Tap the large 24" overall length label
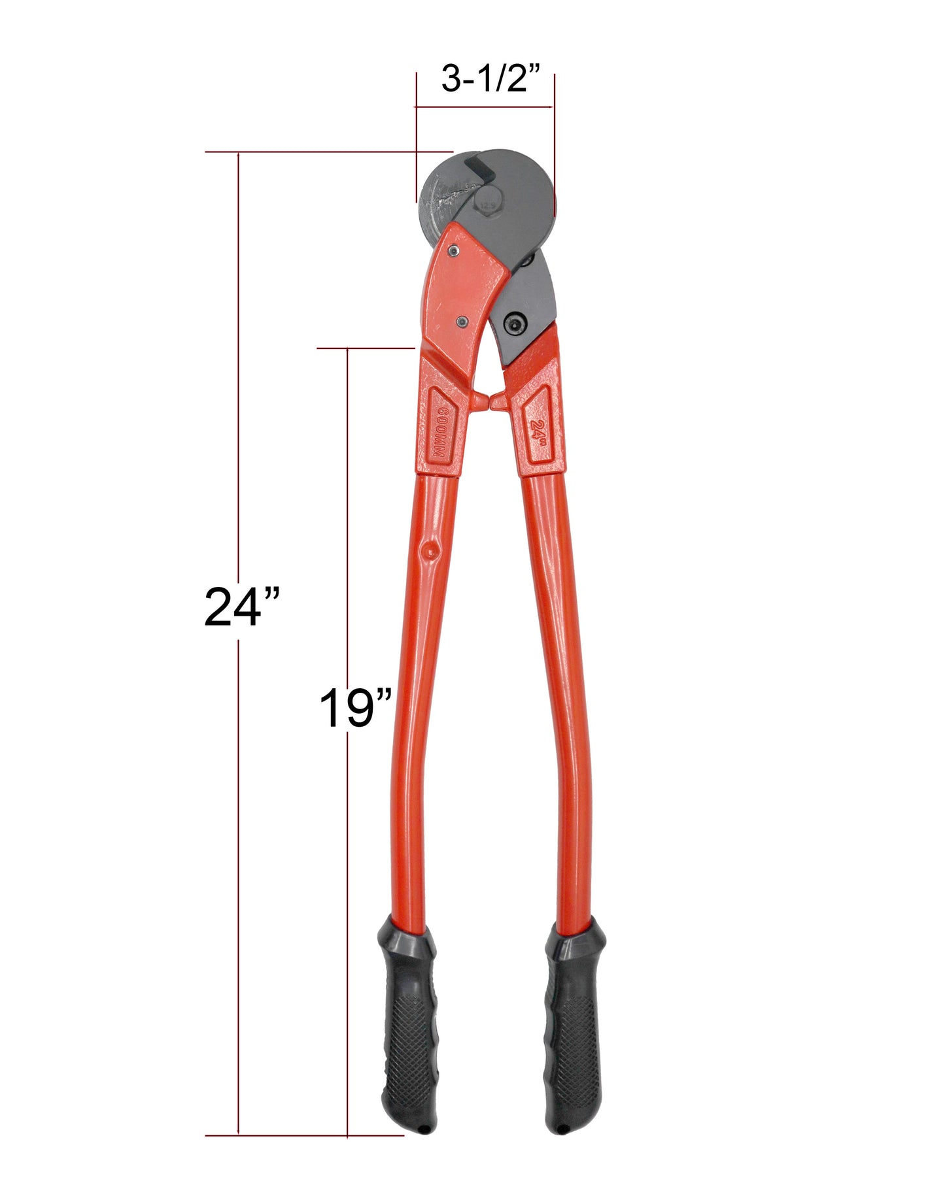coord(241,607)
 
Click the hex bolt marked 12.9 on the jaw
coord(488,203)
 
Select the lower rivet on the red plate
coord(463,321)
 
